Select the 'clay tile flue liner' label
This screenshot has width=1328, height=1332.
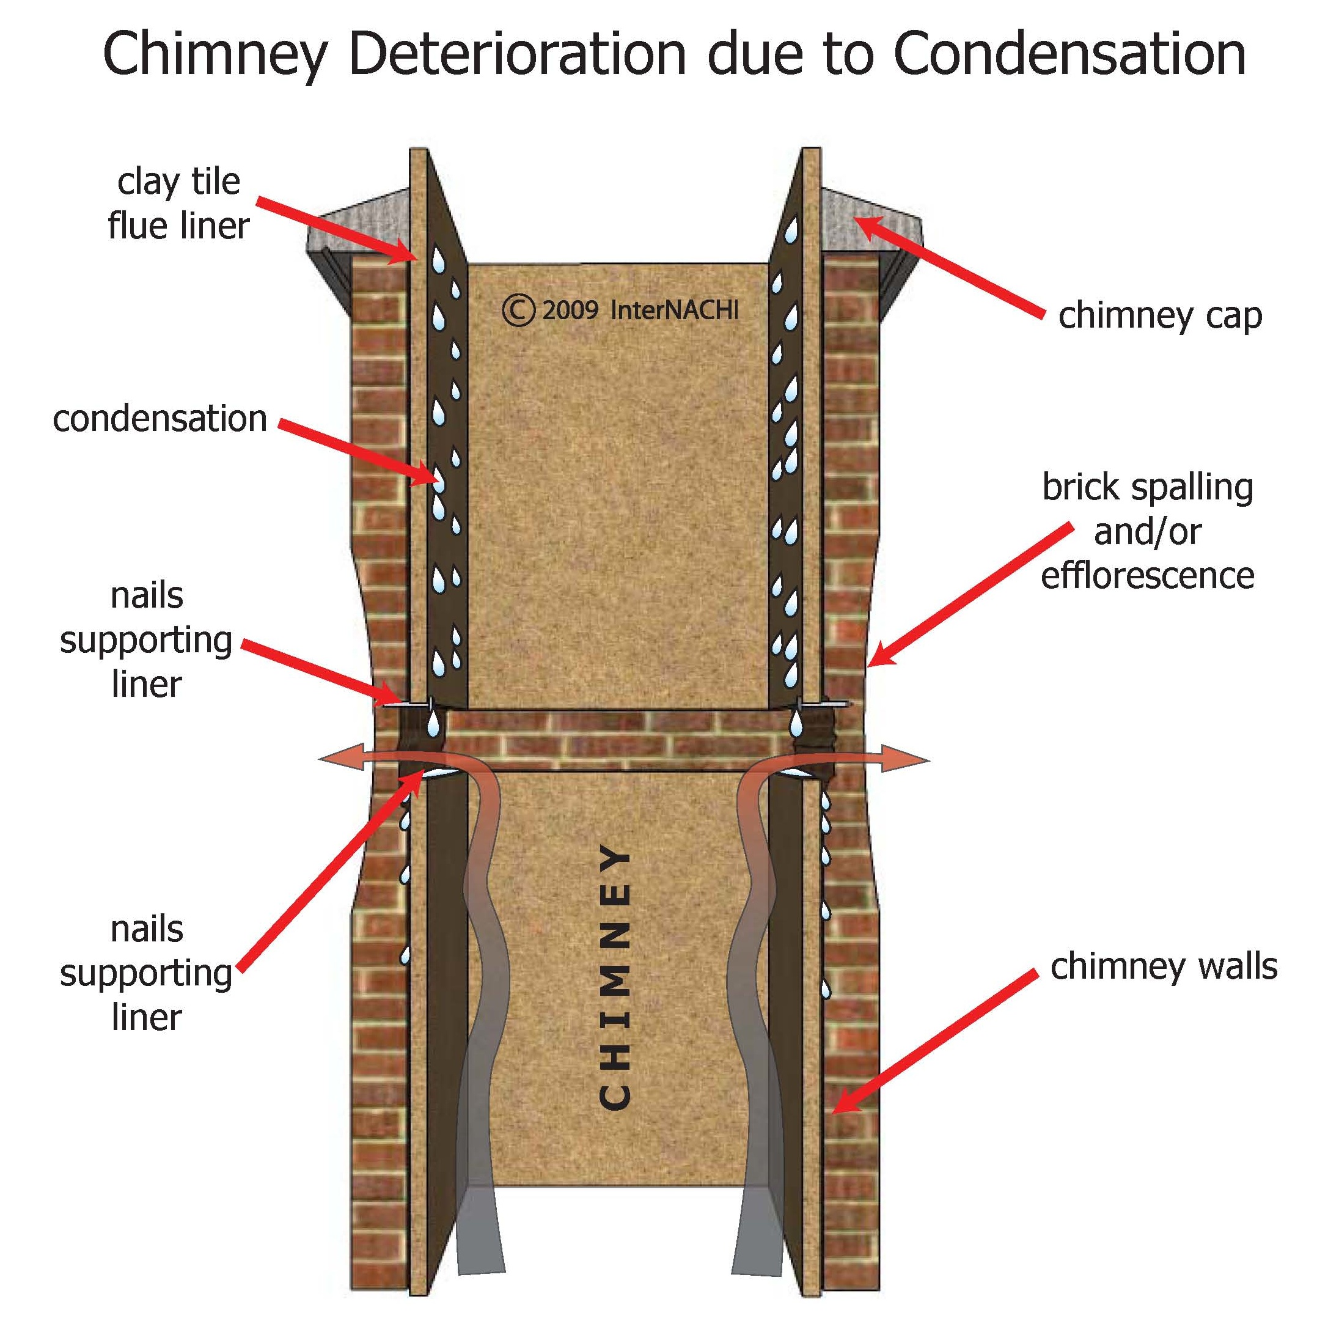pyautogui.click(x=178, y=204)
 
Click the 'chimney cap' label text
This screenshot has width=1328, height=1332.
pyautogui.click(x=1160, y=317)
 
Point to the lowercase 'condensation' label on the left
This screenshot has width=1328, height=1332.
pyautogui.click(x=160, y=419)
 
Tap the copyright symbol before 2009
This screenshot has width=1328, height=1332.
pyautogui.click(x=518, y=311)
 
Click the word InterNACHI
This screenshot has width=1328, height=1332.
pyautogui.click(x=674, y=311)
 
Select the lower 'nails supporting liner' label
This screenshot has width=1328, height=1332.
pyautogui.click(x=147, y=974)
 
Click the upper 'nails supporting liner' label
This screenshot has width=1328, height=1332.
pyautogui.click(x=147, y=641)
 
